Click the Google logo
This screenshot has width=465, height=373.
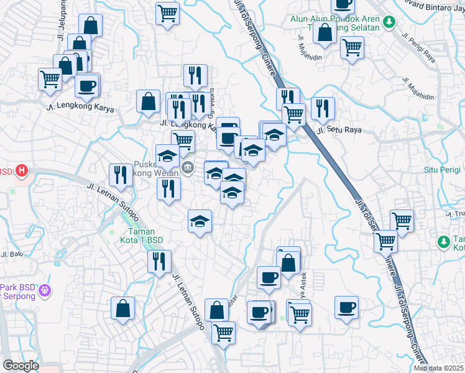click(x=21, y=366)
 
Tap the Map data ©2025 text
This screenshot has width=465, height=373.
click(x=439, y=368)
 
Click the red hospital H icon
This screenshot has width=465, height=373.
click(x=22, y=170)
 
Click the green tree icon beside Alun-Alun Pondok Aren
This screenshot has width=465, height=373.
click(x=390, y=22)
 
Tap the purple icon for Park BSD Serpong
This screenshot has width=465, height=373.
click(x=44, y=290)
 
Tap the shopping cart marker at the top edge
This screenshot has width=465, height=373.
click(x=167, y=13)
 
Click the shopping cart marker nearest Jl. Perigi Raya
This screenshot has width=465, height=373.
click(x=352, y=47)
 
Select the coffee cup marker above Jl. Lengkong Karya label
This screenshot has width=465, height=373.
click(x=87, y=85)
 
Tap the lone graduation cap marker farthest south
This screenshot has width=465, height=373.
click(x=200, y=221)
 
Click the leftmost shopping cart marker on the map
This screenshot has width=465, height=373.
click(x=50, y=79)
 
